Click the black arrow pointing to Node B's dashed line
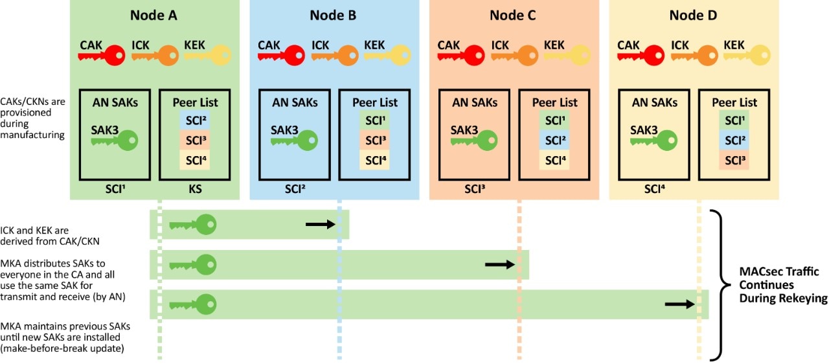tap(321, 224)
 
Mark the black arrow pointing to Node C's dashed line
tap(499, 264)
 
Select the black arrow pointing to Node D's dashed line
tap(679, 304)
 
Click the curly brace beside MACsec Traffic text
tap(718, 284)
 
